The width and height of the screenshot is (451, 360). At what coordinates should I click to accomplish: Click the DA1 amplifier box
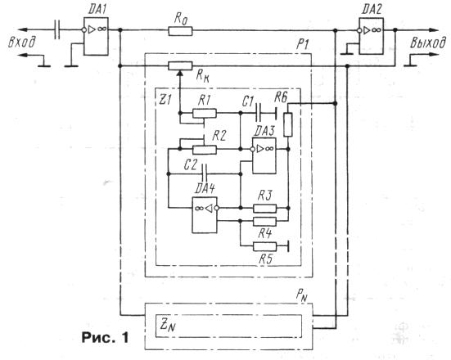pos(96,37)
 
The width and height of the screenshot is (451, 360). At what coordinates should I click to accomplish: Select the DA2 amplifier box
pos(371,36)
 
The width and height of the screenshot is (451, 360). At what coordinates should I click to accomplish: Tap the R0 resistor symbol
pos(180,31)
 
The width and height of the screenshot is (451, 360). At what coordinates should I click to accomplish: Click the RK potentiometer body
pos(180,66)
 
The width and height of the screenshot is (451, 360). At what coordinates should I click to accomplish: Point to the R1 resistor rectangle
pos(205,113)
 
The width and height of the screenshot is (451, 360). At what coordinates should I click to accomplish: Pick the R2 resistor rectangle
pos(205,150)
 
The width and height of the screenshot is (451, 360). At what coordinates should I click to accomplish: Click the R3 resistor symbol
pos(264,208)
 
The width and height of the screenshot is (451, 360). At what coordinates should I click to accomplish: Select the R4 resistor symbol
pos(264,222)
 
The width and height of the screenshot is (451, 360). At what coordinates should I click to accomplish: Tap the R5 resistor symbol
pos(264,246)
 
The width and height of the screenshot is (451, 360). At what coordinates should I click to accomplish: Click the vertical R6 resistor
pos(288,124)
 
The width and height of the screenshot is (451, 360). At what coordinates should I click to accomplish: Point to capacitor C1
pos(259,113)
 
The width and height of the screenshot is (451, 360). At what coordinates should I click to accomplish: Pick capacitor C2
pos(205,173)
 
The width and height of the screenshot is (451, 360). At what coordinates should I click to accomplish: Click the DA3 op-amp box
pos(264,155)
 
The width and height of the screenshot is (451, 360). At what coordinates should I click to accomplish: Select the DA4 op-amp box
pos(205,215)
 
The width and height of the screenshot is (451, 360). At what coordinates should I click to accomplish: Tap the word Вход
pos(22,43)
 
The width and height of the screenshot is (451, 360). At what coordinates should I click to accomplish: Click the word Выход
pos(428,43)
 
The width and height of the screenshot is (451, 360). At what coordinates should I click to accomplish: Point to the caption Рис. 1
pos(106,337)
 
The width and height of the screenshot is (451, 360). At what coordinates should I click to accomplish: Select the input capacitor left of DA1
pos(57,29)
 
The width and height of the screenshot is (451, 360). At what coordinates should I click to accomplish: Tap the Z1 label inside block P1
pos(165,100)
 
